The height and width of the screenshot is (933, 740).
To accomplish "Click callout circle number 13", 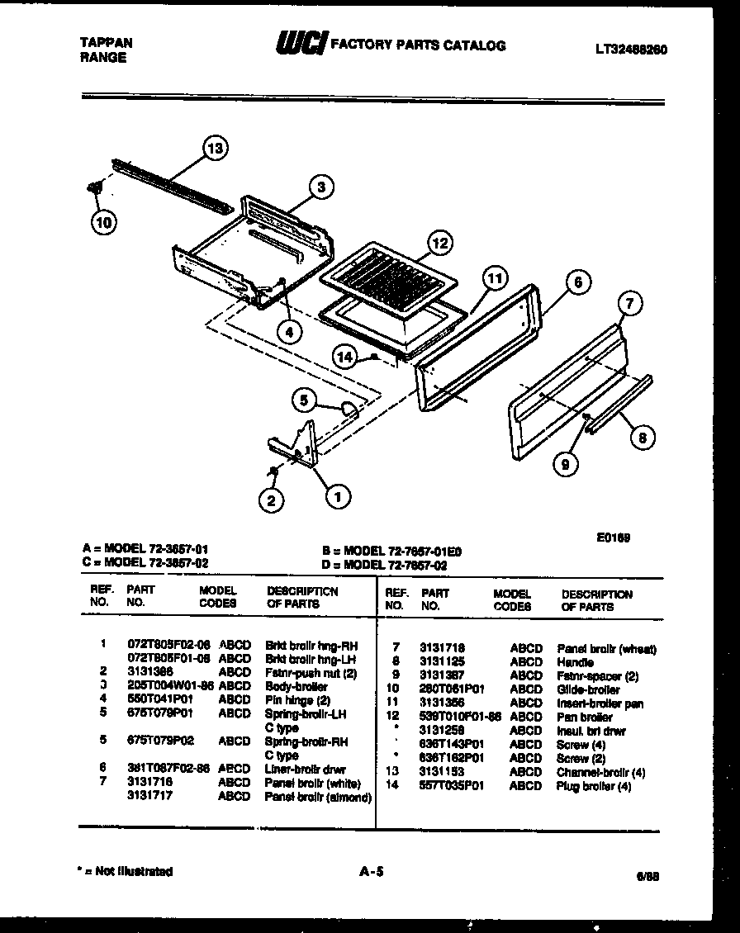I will [215, 149].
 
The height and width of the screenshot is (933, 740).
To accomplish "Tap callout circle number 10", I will [104, 220].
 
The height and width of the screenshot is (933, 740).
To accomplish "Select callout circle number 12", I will [440, 243].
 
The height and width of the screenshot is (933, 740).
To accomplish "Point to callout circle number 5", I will [304, 401].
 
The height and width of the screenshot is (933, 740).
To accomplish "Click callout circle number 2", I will [269, 499].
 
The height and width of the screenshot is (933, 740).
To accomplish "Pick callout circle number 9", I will [565, 465].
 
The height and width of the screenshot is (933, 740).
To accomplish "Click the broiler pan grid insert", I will [386, 277].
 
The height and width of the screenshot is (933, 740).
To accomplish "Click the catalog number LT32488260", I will [631, 50].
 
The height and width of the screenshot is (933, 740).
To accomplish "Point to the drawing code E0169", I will [614, 538].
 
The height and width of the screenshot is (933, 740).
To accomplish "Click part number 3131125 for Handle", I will [442, 662].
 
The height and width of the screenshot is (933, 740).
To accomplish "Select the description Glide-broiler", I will [588, 689].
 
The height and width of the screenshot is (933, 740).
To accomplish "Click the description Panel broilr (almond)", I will [318, 797].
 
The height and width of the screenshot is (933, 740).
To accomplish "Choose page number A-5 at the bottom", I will [373, 870].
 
